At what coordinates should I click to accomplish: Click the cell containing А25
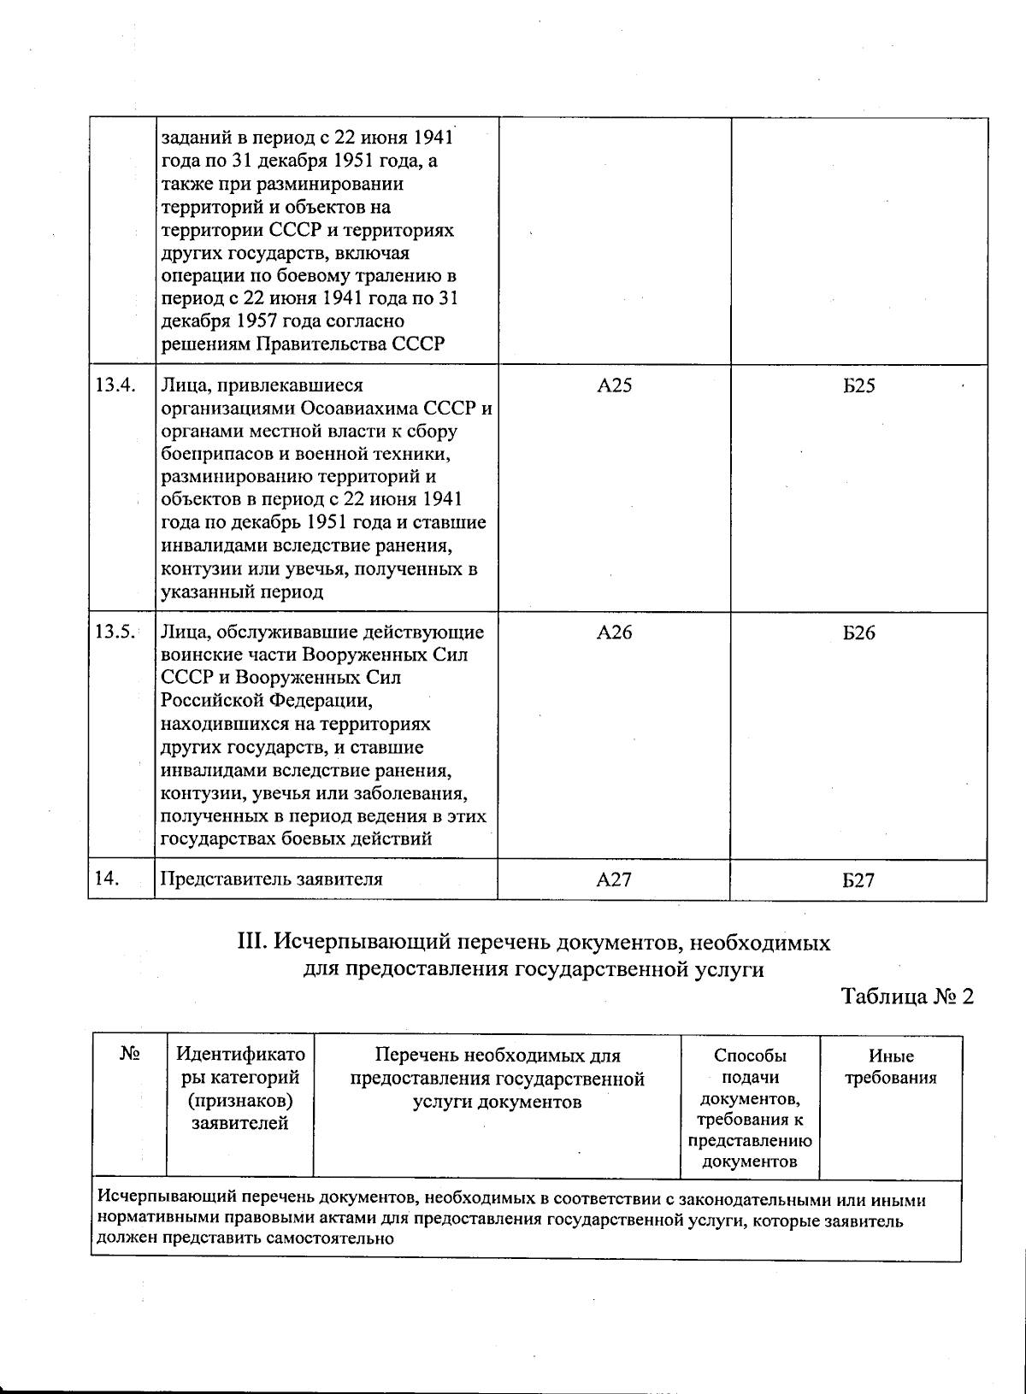[x=614, y=386]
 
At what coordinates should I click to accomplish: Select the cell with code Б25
[x=858, y=386]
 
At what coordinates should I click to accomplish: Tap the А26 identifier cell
[x=614, y=633]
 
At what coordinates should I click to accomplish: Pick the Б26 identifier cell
[x=858, y=633]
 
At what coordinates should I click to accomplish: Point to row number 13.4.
[x=115, y=385]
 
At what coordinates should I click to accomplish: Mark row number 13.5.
[x=115, y=632]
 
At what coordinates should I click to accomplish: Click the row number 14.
[x=106, y=879]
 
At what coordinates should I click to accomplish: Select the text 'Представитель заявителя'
[x=271, y=879]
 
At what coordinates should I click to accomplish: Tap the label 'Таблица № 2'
[x=907, y=997]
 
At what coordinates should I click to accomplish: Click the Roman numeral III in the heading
[x=253, y=944]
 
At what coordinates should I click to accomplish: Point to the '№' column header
[x=129, y=1056]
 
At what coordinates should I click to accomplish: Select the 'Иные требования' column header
[x=891, y=1068]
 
